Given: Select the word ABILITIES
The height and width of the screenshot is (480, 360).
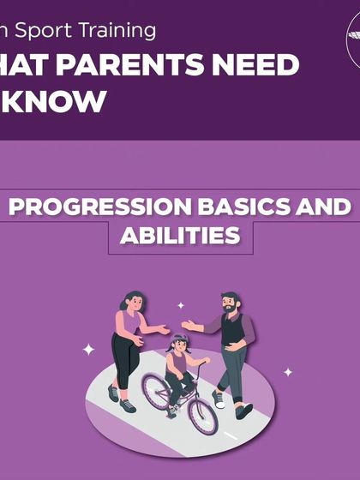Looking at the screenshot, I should [180, 236].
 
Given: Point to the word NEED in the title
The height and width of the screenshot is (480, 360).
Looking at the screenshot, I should [257, 65].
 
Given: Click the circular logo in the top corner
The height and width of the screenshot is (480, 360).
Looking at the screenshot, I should [353, 43].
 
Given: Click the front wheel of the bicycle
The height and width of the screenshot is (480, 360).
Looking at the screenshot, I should [202, 415].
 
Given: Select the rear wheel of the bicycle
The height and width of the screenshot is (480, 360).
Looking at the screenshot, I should [156, 392].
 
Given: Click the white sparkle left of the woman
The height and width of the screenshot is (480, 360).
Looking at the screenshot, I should [88, 350].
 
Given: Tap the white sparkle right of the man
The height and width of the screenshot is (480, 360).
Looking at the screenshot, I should [288, 372].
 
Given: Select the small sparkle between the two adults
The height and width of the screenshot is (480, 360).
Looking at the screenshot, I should [180, 305].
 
